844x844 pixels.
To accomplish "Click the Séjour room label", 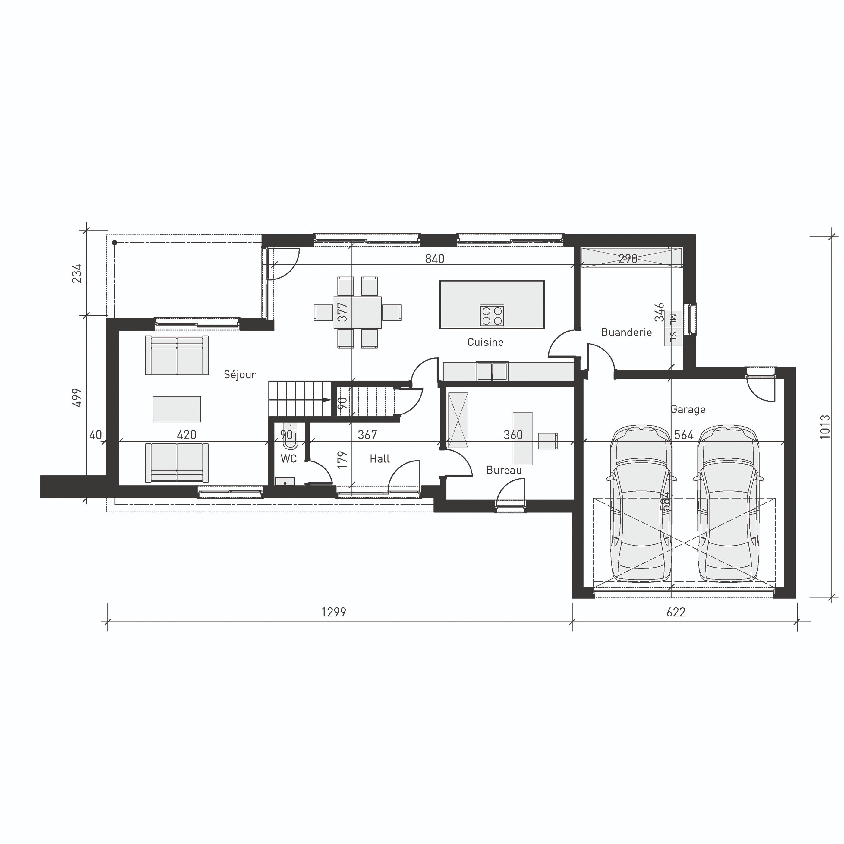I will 239,374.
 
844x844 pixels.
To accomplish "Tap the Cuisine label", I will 485,342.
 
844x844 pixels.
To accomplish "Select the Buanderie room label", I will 626,332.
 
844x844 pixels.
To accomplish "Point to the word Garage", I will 688,409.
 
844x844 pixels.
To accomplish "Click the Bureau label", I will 504,471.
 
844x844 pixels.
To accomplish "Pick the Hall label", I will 379,459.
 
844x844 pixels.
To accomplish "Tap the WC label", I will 289,459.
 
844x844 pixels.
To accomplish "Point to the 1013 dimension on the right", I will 825,427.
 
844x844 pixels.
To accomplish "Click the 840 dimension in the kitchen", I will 435,259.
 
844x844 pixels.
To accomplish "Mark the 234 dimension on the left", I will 77,273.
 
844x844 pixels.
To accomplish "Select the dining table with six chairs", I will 357,312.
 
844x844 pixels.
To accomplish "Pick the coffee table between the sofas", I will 177,409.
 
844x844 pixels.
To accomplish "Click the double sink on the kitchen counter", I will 492,372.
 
